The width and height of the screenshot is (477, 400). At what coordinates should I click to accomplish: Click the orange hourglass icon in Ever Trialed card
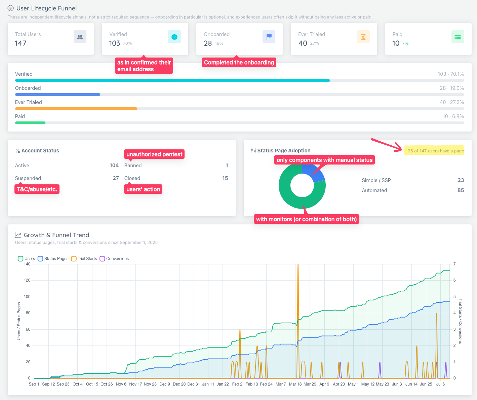363,37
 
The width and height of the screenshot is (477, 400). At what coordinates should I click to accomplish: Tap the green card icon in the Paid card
458,37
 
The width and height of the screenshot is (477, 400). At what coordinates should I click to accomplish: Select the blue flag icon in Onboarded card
269,37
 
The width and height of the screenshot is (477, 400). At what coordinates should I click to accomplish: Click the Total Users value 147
21,43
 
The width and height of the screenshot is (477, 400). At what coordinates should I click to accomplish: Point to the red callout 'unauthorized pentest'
154,154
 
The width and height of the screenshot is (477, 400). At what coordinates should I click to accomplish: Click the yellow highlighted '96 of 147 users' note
434,151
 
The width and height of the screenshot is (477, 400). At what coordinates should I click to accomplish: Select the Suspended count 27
116,178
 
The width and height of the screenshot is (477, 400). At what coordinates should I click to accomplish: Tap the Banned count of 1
227,166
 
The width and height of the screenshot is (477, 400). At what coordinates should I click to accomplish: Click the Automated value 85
461,190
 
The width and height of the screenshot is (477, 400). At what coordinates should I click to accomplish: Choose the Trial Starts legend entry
84,259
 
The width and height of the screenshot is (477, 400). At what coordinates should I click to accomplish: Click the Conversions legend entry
114,259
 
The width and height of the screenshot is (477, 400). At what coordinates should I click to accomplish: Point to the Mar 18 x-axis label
295,384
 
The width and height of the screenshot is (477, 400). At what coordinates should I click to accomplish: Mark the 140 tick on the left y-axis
27,264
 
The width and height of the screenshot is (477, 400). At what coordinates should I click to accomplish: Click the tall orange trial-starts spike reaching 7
298,320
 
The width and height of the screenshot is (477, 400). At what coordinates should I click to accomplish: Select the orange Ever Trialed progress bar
76,109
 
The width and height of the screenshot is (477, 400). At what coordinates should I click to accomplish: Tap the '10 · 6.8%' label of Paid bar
453,116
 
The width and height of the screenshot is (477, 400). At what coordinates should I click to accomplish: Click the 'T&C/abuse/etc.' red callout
37,189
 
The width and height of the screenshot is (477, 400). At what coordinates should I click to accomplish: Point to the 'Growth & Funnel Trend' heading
56,235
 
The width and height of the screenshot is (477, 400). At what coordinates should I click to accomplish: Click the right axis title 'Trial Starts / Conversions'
460,321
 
